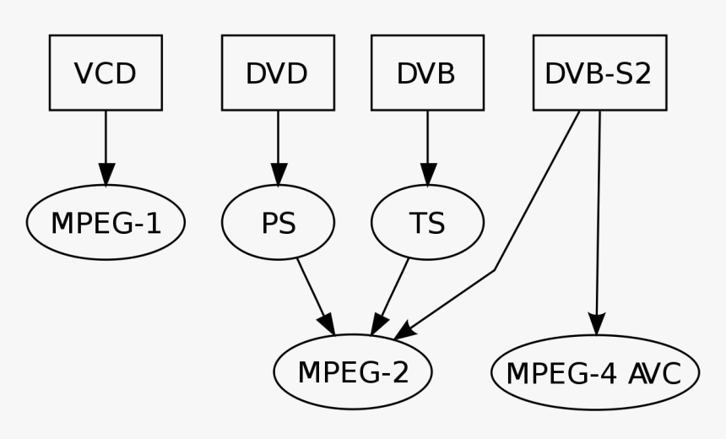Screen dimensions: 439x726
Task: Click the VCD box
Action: (106, 73)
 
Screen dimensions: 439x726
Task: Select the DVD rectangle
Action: (278, 73)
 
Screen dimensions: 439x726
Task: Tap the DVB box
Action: (427, 73)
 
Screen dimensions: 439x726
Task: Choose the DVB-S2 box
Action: (599, 73)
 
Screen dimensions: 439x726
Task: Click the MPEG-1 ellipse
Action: (106, 223)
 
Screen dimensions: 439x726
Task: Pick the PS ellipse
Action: (278, 223)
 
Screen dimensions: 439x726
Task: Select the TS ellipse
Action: (427, 223)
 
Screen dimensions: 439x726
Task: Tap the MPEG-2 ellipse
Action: (353, 372)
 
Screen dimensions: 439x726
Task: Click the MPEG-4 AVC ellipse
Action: (595, 372)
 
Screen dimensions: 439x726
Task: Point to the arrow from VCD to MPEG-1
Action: (106, 144)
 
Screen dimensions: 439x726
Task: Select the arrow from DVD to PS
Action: (278, 144)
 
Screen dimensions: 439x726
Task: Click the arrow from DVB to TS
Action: (427, 144)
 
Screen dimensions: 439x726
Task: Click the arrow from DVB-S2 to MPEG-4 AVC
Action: (598, 219)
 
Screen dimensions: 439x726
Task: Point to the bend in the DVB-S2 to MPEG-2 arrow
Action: (495, 270)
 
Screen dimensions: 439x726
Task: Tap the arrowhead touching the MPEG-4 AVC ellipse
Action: (597, 324)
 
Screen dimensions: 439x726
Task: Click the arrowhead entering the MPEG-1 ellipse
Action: (106, 175)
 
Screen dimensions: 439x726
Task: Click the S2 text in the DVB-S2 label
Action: (632, 73)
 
